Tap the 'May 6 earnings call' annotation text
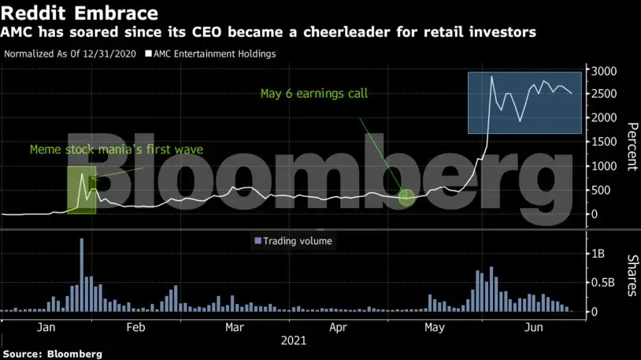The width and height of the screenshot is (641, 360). [314, 94]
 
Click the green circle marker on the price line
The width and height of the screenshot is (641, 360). [406, 197]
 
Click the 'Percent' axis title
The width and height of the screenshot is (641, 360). [631, 147]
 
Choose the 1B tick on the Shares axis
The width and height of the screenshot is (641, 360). [600, 254]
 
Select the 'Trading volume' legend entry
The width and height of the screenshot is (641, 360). [297, 241]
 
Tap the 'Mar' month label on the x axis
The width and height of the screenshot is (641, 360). [233, 326]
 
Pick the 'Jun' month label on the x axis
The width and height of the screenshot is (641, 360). [534, 326]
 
